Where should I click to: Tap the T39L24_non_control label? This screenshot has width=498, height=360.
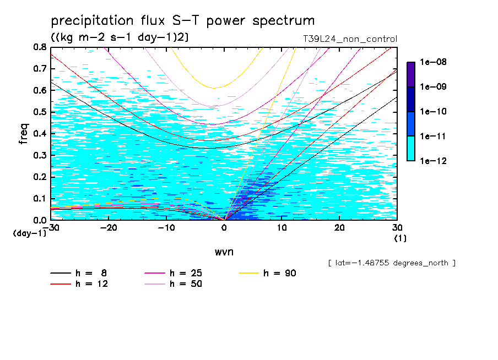click(x=350, y=39)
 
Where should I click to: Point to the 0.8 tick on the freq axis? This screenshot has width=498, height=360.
click(x=40, y=47)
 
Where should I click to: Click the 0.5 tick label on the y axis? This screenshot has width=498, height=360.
click(x=40, y=112)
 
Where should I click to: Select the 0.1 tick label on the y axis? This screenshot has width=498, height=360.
click(x=40, y=198)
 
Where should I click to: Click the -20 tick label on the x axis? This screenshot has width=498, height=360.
click(x=109, y=228)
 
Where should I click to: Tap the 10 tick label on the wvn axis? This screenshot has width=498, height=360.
click(x=282, y=228)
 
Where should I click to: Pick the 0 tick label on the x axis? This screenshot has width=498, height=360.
click(x=224, y=228)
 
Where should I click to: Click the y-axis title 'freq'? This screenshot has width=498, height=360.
click(x=24, y=134)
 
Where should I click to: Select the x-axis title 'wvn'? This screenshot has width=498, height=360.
click(x=224, y=252)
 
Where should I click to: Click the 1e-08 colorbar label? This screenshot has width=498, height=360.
click(x=433, y=62)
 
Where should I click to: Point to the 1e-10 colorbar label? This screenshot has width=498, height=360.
click(x=433, y=111)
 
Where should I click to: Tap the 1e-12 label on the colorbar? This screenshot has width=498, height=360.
click(x=433, y=161)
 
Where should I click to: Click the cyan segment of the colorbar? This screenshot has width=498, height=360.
click(x=411, y=149)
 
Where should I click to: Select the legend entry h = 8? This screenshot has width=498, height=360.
click(x=78, y=273)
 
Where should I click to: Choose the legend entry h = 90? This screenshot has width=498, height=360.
click(x=267, y=273)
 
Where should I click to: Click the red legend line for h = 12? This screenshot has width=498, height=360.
click(x=61, y=284)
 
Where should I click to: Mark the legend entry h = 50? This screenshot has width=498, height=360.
click(x=173, y=284)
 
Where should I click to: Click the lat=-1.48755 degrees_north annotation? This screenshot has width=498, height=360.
click(x=392, y=263)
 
